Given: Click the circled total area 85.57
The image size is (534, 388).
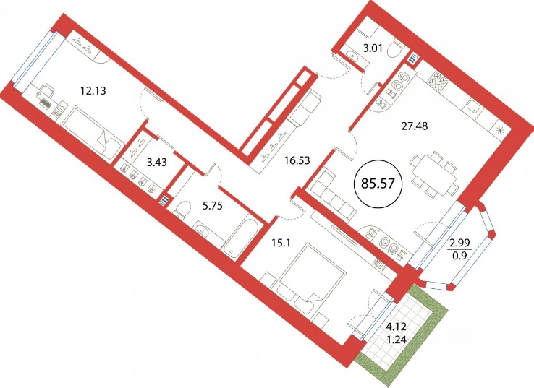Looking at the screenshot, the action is click(x=378, y=184).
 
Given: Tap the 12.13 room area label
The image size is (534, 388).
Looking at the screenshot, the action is click(x=93, y=91).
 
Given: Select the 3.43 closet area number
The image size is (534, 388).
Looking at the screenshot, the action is click(x=157, y=163).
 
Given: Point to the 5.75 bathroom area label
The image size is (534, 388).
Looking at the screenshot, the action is click(x=213, y=206).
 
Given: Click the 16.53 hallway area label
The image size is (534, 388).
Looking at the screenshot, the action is click(x=297, y=160).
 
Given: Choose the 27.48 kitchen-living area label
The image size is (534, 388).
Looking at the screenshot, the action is click(x=413, y=126).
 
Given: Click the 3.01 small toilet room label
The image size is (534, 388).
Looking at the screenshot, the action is click(x=373, y=48).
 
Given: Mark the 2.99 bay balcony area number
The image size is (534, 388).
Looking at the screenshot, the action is click(x=460, y=243).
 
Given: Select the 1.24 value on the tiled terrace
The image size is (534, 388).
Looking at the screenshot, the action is click(x=396, y=339).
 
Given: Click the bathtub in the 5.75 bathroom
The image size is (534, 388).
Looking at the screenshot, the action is click(x=239, y=236).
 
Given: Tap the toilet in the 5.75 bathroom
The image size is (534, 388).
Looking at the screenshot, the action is click(x=183, y=209).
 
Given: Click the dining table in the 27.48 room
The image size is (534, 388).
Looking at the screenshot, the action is click(x=434, y=174).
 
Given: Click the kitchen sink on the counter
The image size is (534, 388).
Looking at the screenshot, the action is click(x=474, y=108).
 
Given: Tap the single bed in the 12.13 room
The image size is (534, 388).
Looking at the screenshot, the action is click(x=93, y=133).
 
